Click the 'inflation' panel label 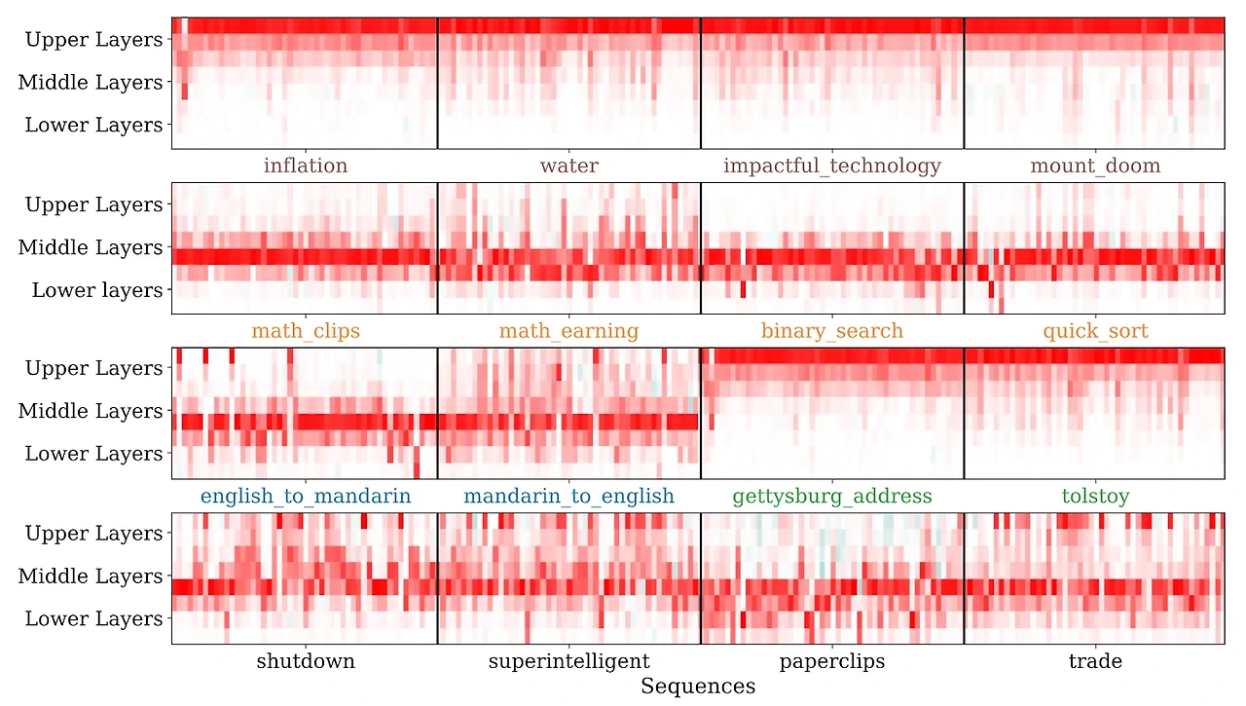(x=305, y=166)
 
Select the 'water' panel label (x=568, y=166)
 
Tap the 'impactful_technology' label (x=831, y=166)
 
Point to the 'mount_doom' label (x=1095, y=166)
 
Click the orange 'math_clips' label (x=305, y=331)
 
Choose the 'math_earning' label (x=568, y=331)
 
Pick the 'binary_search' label (x=831, y=331)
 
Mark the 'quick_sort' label (x=1095, y=331)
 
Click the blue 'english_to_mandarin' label (x=305, y=497)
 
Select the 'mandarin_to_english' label (x=568, y=497)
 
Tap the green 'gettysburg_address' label (x=831, y=497)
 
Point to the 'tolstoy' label (x=1095, y=497)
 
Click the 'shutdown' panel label (x=305, y=662)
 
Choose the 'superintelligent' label (x=568, y=662)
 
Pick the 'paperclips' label (x=831, y=662)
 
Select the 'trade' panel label (x=1095, y=662)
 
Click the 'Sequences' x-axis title (x=697, y=687)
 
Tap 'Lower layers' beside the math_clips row (x=97, y=290)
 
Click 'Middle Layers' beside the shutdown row (x=91, y=576)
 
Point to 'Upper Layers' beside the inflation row (x=93, y=40)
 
